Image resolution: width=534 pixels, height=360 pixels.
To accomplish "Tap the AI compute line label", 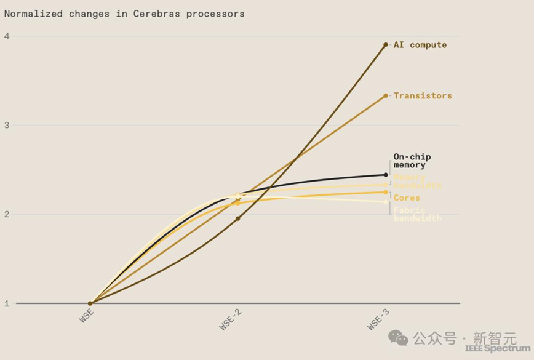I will [x=420, y=45].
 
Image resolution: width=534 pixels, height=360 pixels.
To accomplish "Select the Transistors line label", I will [x=423, y=95].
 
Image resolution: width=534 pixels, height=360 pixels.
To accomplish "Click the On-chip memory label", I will [x=412, y=161].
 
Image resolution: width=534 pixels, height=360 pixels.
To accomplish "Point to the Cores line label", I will [x=407, y=198].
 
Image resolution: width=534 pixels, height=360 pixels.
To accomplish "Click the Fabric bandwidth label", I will [x=417, y=214].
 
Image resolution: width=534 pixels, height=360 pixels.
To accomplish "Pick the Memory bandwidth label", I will [x=417, y=182].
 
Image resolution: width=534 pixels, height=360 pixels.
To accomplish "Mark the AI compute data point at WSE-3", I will [x=386, y=45].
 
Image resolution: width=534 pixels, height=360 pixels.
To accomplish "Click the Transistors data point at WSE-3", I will [x=386, y=95].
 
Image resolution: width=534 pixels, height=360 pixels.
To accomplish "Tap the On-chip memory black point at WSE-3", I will [x=386, y=175].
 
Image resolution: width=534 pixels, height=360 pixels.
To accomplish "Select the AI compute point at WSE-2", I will [x=238, y=218].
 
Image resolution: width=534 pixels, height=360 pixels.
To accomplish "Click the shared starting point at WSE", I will [x=90, y=303].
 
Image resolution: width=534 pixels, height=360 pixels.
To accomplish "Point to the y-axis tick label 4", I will [x=7, y=36].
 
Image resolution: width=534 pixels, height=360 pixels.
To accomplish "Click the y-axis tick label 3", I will [x=7, y=125].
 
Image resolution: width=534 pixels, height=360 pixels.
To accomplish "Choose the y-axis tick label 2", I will [x=7, y=214].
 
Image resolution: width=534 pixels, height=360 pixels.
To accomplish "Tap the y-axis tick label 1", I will [x=7, y=303].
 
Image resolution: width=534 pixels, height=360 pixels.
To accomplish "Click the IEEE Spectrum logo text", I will [x=497, y=348].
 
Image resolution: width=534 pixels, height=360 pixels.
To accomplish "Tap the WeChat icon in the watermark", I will [x=397, y=338].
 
